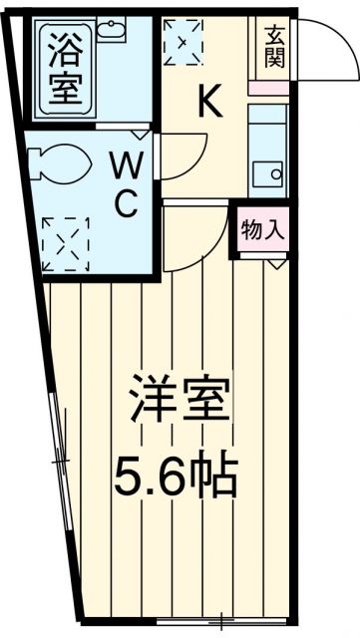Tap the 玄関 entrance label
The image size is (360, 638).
(x=274, y=46)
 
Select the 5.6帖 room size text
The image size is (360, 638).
(x=180, y=477)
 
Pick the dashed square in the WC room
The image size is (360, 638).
(x=66, y=242)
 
